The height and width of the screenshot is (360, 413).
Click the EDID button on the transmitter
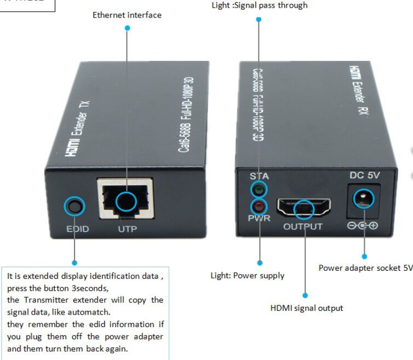click(x=74, y=206)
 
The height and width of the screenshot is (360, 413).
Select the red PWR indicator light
click(x=259, y=207)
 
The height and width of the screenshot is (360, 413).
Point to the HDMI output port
click(x=303, y=208)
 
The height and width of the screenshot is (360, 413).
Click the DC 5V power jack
click(x=362, y=198)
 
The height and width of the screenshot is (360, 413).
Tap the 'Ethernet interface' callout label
click(x=127, y=15)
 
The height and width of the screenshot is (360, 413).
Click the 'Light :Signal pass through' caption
click(x=259, y=5)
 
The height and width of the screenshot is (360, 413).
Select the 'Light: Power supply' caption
click(x=248, y=276)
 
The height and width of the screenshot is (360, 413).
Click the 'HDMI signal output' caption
click(x=307, y=308)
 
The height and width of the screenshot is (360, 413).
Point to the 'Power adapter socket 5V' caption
click(x=365, y=268)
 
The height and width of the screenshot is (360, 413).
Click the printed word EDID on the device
click(x=77, y=229)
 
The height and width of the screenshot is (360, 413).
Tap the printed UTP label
click(x=128, y=229)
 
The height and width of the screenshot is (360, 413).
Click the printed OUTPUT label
click(x=303, y=226)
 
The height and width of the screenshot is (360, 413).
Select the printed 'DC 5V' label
click(x=364, y=176)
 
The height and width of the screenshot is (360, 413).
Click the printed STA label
click(x=259, y=176)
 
